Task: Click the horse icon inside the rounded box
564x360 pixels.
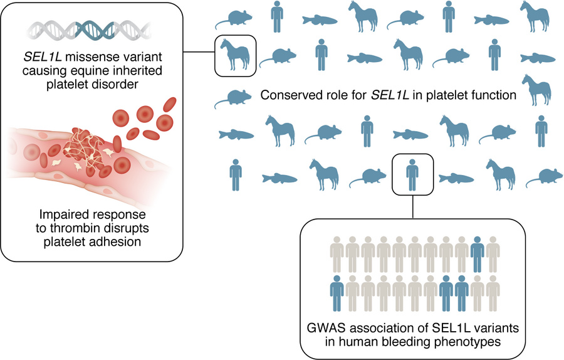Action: [x=236, y=56]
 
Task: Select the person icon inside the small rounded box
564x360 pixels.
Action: [x=411, y=173]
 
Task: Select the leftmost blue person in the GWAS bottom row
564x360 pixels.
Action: [x=338, y=292]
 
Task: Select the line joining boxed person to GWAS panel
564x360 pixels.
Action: [x=411, y=206]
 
